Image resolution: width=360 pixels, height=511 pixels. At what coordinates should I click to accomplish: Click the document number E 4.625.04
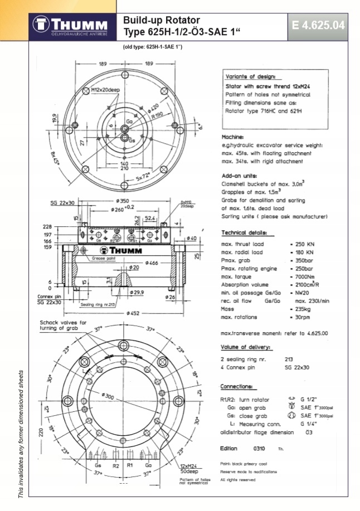pos(318,26)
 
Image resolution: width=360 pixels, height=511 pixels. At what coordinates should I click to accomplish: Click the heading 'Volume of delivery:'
pos(246,347)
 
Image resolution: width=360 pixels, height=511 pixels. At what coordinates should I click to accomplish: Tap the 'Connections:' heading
pos(239,386)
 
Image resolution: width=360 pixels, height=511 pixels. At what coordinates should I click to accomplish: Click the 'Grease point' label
pos(103,259)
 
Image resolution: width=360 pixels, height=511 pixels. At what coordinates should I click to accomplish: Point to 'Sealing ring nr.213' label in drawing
pos(98,305)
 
